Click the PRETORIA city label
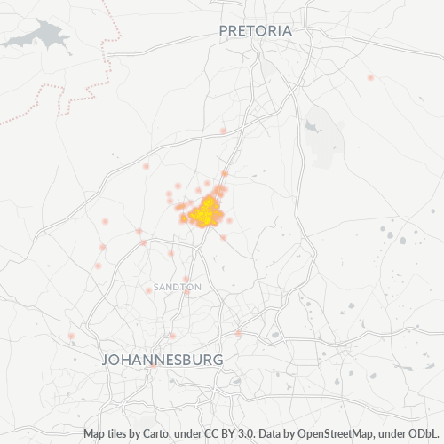click(255, 31)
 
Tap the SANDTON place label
click(178, 288)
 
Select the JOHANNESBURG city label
click(163, 360)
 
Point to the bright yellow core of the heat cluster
click(207, 211)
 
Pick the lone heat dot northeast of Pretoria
click(370, 78)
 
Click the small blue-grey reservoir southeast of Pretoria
click(313, 126)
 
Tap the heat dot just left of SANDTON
click(147, 290)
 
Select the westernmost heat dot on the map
click(71, 337)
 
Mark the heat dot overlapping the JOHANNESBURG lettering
click(172, 336)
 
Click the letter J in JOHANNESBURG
click(108, 360)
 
